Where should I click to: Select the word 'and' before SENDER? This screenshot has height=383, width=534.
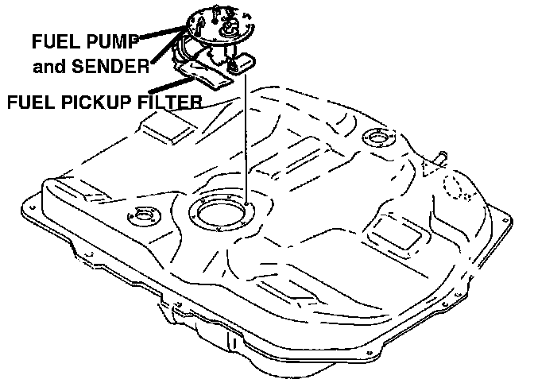49,67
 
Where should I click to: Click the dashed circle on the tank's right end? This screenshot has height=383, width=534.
455,186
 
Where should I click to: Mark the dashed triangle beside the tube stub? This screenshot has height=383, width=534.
432,168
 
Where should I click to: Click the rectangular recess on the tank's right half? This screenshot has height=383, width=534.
395,230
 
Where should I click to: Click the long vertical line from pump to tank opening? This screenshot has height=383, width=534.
247,143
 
